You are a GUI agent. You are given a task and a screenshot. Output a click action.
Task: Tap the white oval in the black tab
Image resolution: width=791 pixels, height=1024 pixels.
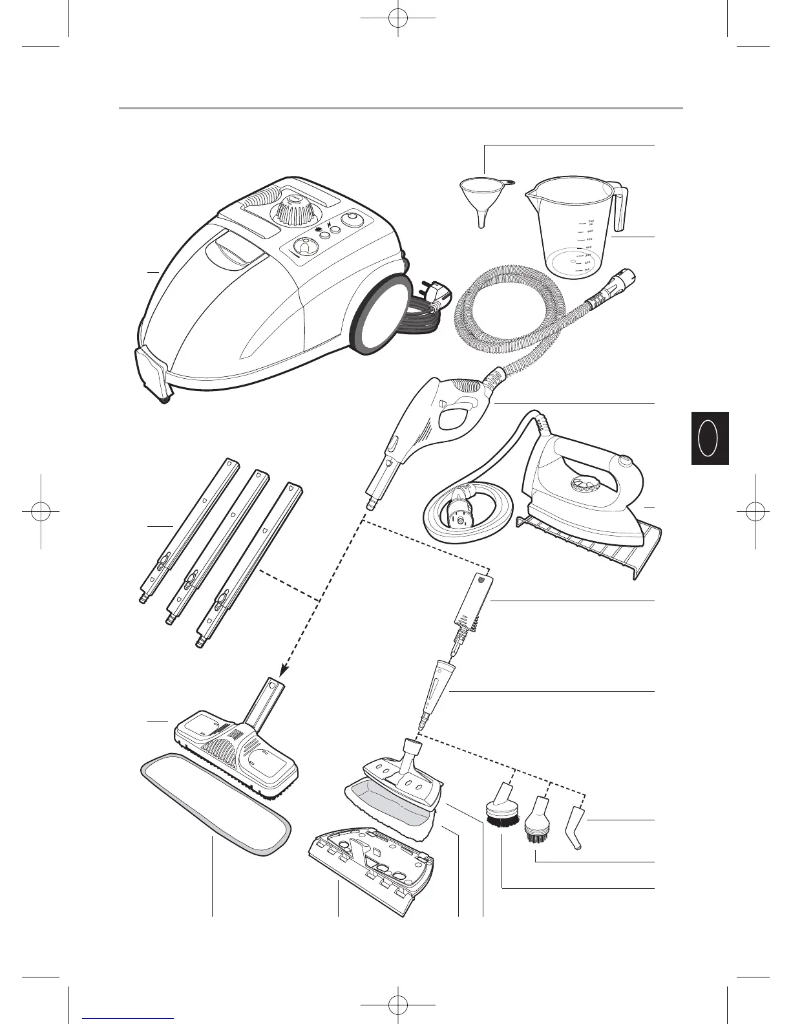(708, 438)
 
